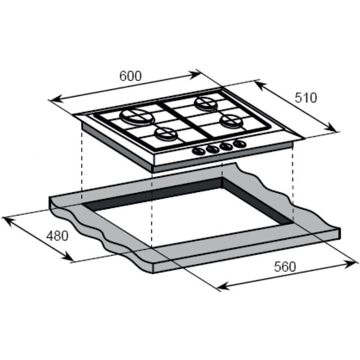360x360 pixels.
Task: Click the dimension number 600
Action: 130,76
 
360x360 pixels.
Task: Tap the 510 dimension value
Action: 305,98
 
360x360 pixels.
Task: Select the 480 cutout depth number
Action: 58,236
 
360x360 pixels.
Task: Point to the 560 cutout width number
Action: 285,267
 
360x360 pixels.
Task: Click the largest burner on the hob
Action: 136,116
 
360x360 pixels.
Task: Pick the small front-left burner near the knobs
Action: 166,134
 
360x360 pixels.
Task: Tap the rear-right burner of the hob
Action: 205,103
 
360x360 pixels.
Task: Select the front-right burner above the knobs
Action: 231,121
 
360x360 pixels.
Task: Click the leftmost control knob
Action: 199,151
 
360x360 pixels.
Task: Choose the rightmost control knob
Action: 239,144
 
